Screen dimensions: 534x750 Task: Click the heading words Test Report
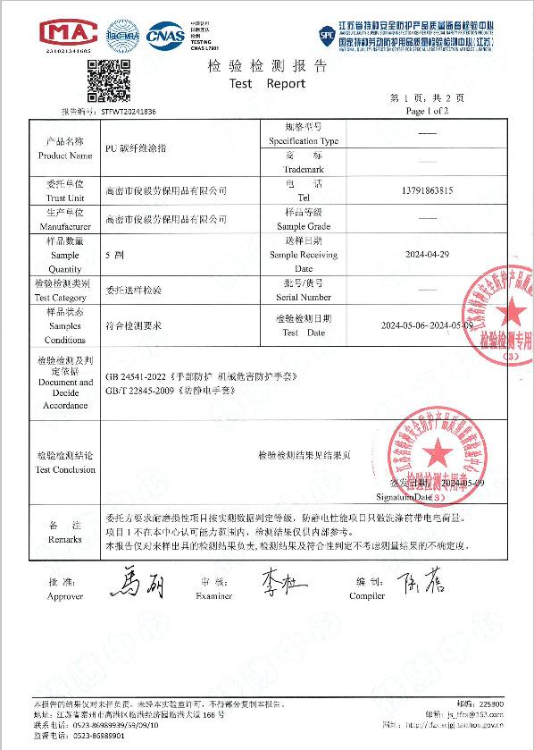[267, 83]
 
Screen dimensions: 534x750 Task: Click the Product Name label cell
[63, 148]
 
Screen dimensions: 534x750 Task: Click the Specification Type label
[303, 141]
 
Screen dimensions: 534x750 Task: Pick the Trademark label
[303, 168]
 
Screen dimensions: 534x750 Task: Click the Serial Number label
[303, 297]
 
